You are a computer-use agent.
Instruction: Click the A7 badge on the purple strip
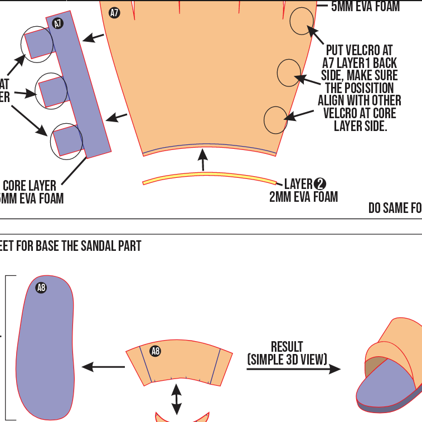click(x=57, y=23)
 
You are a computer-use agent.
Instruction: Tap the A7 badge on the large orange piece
click(x=114, y=12)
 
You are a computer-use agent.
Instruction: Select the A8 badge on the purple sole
click(x=41, y=288)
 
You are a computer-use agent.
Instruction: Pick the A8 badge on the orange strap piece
click(x=156, y=351)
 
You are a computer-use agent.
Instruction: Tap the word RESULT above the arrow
click(x=287, y=347)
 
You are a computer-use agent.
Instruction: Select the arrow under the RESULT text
click(x=293, y=368)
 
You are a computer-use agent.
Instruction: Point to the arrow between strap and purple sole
click(x=103, y=367)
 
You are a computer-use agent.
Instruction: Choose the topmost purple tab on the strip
click(x=39, y=43)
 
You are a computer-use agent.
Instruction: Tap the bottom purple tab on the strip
click(x=68, y=140)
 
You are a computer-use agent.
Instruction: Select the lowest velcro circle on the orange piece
click(x=275, y=120)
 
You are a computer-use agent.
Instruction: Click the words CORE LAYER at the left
click(x=30, y=185)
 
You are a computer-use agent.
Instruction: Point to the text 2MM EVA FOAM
click(x=303, y=197)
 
